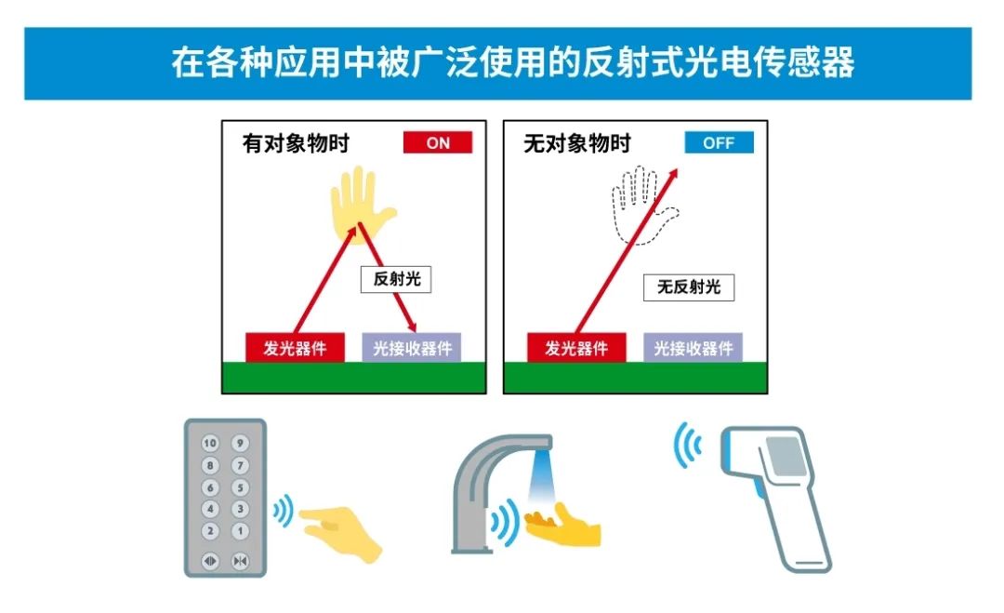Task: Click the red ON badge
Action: click(x=437, y=142)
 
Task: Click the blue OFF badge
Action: click(x=719, y=142)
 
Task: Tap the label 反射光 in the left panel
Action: click(x=396, y=279)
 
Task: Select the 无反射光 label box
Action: click(x=688, y=287)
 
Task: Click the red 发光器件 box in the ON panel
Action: click(x=296, y=348)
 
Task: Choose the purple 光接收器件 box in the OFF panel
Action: click(x=693, y=348)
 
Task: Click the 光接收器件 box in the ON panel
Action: click(x=412, y=348)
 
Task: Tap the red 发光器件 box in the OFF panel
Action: click(x=576, y=348)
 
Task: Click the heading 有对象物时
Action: click(x=296, y=143)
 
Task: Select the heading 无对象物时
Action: click(x=577, y=143)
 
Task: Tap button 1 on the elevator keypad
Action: click(x=240, y=531)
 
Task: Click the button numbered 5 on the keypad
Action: click(x=240, y=487)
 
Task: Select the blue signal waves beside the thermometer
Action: click(x=687, y=444)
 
